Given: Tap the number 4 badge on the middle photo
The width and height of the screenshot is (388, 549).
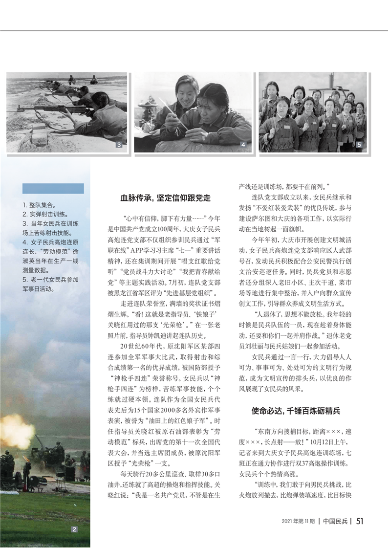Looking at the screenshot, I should [x=243, y=145].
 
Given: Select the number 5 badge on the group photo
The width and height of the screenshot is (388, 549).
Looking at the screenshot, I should [x=359, y=145].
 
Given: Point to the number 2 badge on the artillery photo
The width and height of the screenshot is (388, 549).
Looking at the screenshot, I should [x=74, y=529].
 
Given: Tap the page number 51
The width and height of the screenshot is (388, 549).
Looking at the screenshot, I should [x=360, y=521].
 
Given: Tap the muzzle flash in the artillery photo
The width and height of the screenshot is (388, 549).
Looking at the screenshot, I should [x=15, y=430].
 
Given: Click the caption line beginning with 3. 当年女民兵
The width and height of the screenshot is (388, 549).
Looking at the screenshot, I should [x=50, y=223].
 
